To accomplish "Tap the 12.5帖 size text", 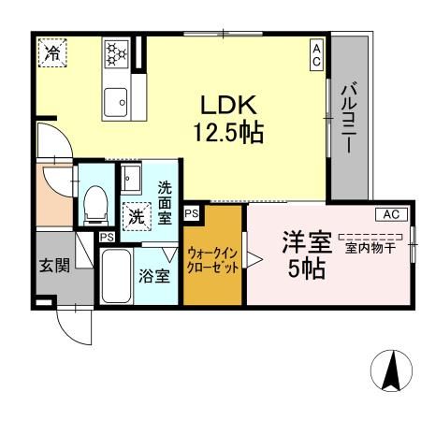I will (227, 133).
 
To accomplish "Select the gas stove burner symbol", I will (116, 52).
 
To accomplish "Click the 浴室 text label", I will (155, 276).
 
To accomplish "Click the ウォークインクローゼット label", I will (213, 259).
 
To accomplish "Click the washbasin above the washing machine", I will (130, 179).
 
